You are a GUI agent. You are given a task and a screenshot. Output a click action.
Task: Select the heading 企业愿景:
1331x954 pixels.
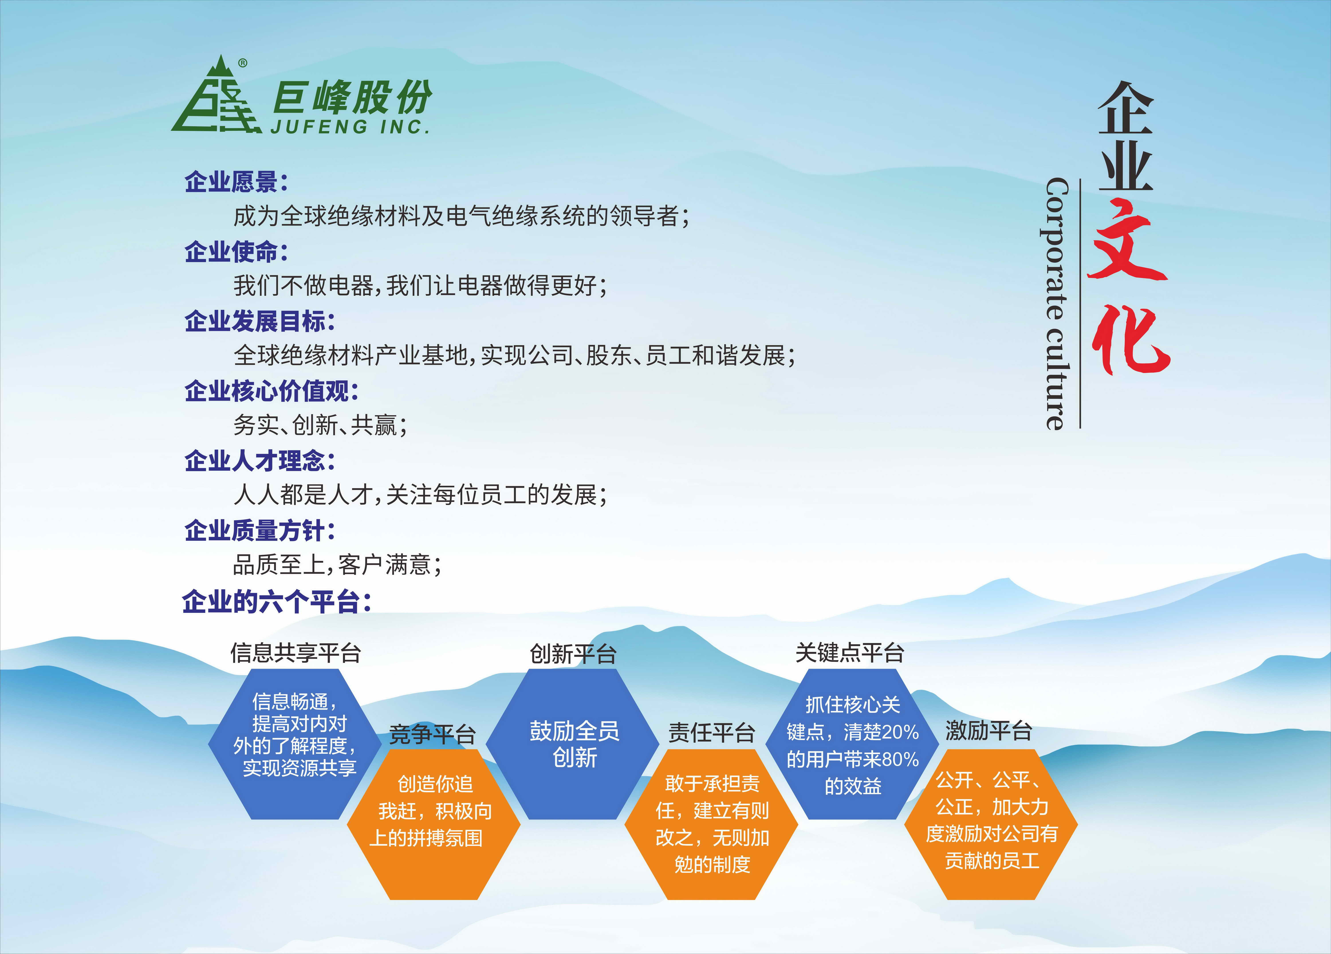pyautogui.click(x=236, y=182)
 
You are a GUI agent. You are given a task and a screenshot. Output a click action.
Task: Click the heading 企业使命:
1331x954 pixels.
pyautogui.click(x=236, y=252)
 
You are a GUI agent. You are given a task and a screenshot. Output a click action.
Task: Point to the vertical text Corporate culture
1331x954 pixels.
pyautogui.click(x=1056, y=304)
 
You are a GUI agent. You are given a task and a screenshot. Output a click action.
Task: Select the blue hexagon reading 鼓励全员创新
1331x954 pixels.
pyautogui.click(x=573, y=744)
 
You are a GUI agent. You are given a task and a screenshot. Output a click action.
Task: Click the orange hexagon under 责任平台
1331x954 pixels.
pyautogui.click(x=711, y=824)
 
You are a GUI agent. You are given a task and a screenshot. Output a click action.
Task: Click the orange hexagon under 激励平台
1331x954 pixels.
pyautogui.click(x=991, y=824)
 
